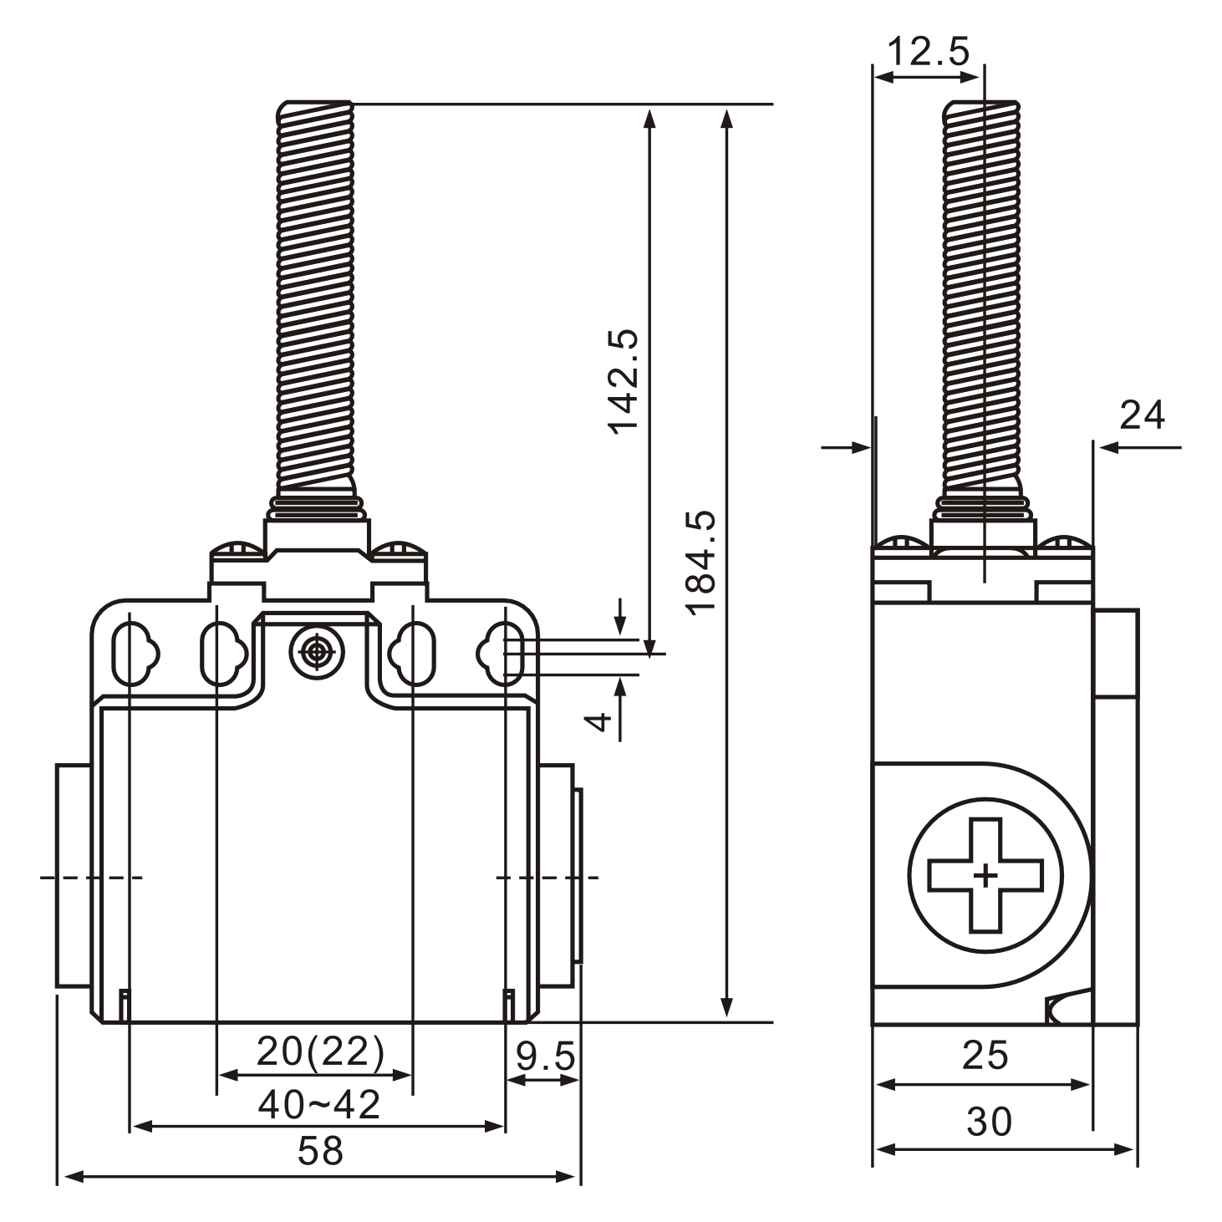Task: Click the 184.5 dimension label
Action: coord(700,562)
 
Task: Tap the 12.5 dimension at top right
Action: coord(928,52)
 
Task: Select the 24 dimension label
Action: coord(1142,415)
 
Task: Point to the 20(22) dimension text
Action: coord(320,1051)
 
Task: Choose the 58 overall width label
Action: coord(320,1152)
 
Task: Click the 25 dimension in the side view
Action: coord(985,1056)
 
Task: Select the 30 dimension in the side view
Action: coord(989,1122)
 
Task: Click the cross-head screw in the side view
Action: coord(985,875)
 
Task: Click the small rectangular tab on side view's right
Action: coord(1115,653)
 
